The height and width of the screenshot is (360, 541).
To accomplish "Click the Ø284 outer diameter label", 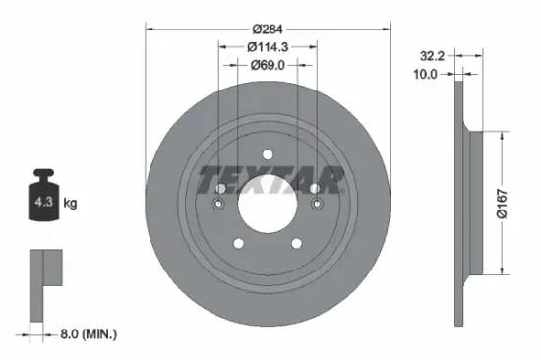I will pos(269,29).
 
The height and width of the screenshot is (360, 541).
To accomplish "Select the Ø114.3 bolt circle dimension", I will pos(269,46).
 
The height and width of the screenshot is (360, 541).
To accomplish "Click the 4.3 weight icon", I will pos(43,204).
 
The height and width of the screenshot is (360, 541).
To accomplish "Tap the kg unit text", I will pos(71,204).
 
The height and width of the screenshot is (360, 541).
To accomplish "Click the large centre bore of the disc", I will pos(268,203).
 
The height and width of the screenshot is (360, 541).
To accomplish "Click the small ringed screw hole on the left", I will pos(216,204).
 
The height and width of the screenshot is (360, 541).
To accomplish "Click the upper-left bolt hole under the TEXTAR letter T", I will pos(218,187).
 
